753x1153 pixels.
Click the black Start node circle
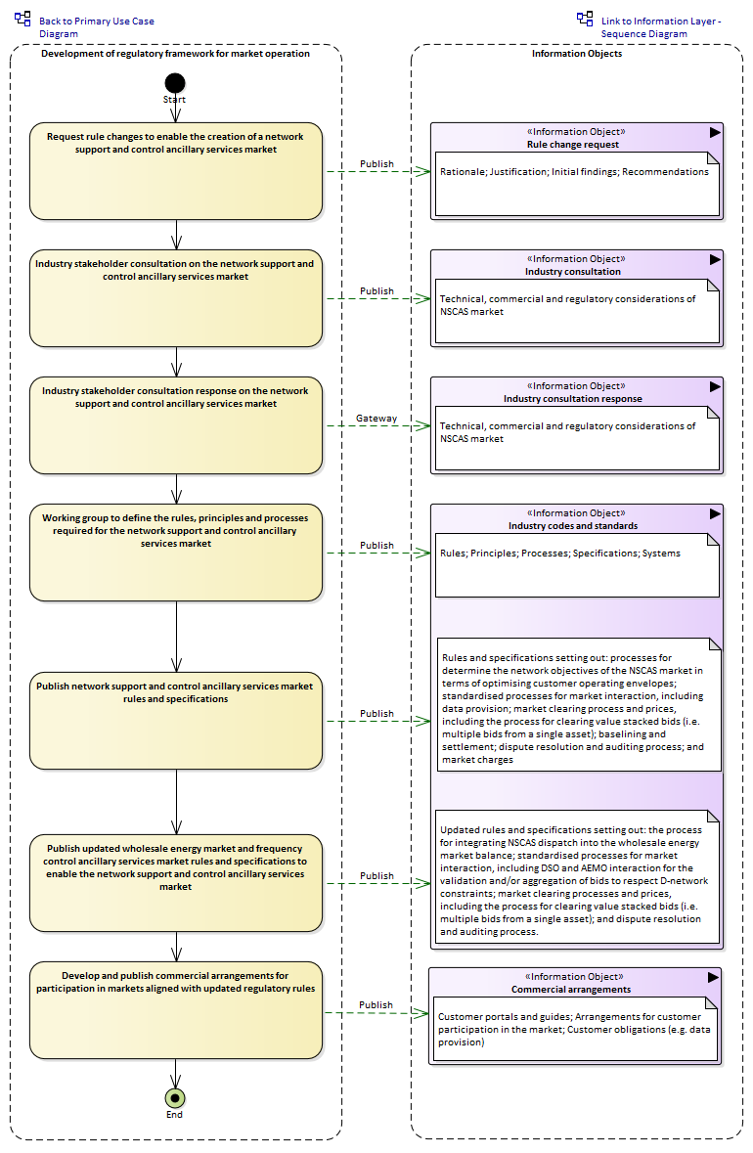(x=175, y=83)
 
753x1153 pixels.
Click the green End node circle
(x=175, y=1098)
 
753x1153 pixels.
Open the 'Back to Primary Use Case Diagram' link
(x=97, y=27)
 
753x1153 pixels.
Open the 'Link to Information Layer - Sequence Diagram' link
(x=661, y=27)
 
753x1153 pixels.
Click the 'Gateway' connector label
(x=376, y=419)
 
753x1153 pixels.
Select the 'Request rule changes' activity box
(x=176, y=171)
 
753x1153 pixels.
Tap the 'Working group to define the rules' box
(x=176, y=553)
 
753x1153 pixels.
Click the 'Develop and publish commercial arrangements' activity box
(x=176, y=1010)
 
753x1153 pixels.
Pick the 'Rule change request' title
(x=573, y=145)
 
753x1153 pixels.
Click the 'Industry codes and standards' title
(x=573, y=526)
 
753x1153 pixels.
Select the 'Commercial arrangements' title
(x=571, y=989)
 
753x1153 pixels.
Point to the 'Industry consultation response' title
(x=573, y=399)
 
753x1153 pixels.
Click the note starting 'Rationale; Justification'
(x=577, y=184)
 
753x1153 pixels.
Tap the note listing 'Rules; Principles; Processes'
(x=577, y=564)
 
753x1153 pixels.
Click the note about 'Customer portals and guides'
(x=575, y=1029)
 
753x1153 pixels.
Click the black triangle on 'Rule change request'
(x=715, y=132)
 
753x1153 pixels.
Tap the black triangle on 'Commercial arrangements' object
(x=713, y=977)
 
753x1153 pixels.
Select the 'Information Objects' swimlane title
(x=577, y=54)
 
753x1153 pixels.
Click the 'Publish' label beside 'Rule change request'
(x=376, y=164)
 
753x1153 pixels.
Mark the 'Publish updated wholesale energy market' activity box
(x=176, y=883)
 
